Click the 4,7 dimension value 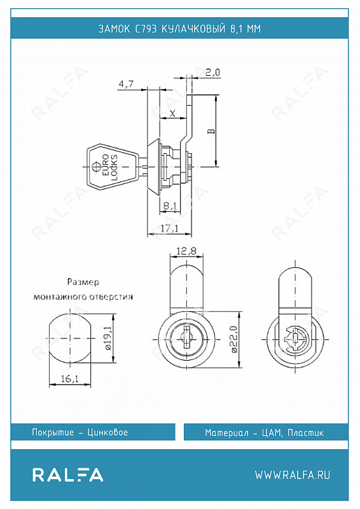[x=126, y=85]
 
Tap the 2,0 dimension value [x=213, y=72]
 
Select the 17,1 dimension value [x=169, y=228]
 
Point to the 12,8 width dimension [x=186, y=251]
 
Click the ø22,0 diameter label [x=235, y=340]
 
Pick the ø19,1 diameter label [x=108, y=338]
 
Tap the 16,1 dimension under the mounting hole [x=70, y=379]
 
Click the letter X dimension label [x=173, y=113]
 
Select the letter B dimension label [x=211, y=131]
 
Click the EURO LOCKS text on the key [x=110, y=167]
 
